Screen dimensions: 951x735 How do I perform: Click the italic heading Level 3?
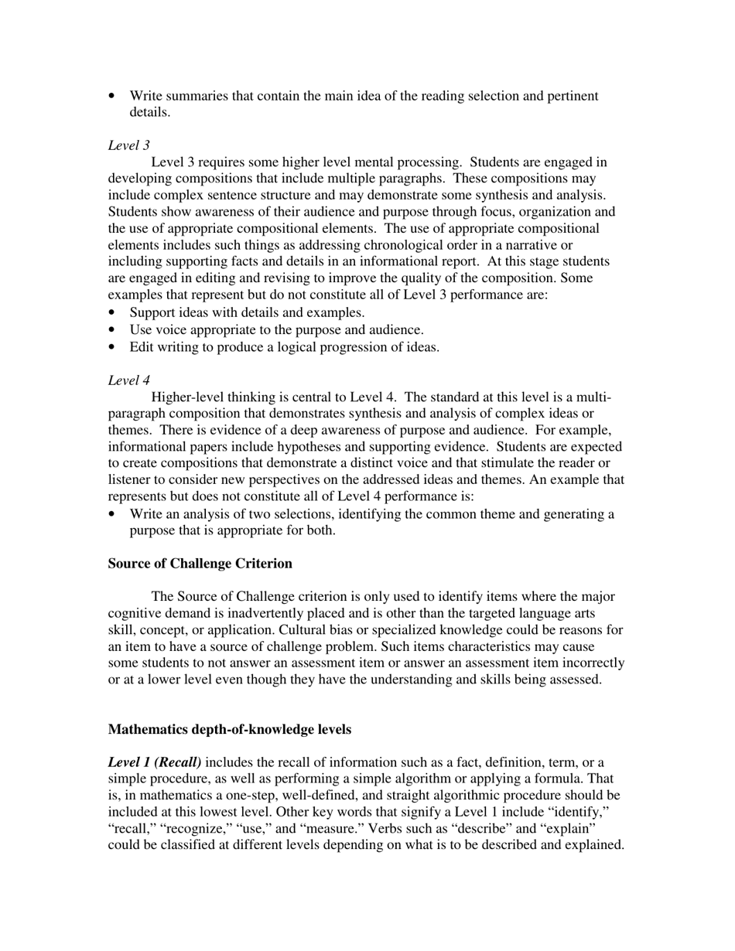pos(128,145)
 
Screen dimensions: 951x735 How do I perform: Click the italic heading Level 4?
pos(128,380)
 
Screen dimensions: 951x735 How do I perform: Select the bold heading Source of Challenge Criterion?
pos(200,564)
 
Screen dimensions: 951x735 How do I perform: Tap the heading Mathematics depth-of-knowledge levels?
pos(229,730)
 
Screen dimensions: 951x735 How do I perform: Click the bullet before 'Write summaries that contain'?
pos(113,97)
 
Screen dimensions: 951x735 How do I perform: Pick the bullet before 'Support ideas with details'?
pos(113,313)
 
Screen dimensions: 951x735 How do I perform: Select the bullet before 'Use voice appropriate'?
pos(113,330)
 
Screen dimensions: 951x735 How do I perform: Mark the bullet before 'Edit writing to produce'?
pos(113,347)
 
